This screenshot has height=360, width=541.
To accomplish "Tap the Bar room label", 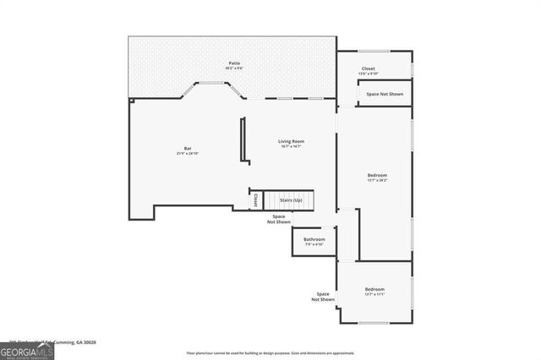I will (188, 148).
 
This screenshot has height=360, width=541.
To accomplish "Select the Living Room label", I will (292, 141).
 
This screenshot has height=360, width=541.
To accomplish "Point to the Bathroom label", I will (314, 239).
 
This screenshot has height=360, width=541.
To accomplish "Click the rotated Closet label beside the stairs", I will (255, 199).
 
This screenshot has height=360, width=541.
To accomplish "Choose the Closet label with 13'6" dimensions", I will (369, 68).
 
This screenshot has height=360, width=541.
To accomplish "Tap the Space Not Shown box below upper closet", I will (385, 94).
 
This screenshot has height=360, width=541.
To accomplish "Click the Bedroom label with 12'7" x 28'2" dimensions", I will (377, 175).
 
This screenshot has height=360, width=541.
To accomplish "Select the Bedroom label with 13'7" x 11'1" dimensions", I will (374, 289).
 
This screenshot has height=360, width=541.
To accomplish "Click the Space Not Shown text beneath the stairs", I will (278, 220).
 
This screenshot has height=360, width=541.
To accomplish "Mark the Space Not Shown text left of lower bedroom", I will (323, 297).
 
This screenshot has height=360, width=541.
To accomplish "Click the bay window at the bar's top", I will (213, 83).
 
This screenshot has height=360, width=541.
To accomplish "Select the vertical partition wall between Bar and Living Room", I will (243, 140).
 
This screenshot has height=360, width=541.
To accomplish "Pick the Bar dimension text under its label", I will (188, 154).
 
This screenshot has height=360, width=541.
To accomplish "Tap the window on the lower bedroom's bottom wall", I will (374, 323).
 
